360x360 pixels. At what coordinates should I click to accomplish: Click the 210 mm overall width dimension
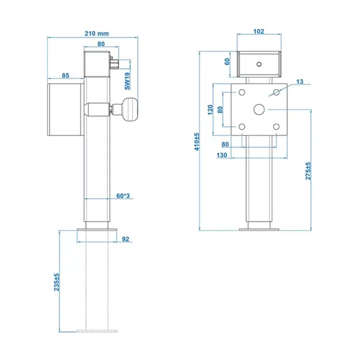(x=96, y=33)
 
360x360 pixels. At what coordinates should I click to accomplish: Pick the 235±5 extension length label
(x=57, y=282)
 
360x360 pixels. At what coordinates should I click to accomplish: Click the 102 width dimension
(x=258, y=32)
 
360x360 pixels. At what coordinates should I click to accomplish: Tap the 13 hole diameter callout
(x=300, y=81)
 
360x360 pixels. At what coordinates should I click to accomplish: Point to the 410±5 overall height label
(x=196, y=142)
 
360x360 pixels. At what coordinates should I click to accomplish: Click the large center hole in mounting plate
(x=259, y=110)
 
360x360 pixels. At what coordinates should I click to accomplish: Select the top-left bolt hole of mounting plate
(x=241, y=92)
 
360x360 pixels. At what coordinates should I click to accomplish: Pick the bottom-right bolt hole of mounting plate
(x=276, y=127)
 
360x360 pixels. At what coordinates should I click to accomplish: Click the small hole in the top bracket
(x=259, y=64)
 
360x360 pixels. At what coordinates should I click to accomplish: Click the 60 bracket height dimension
(x=227, y=61)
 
